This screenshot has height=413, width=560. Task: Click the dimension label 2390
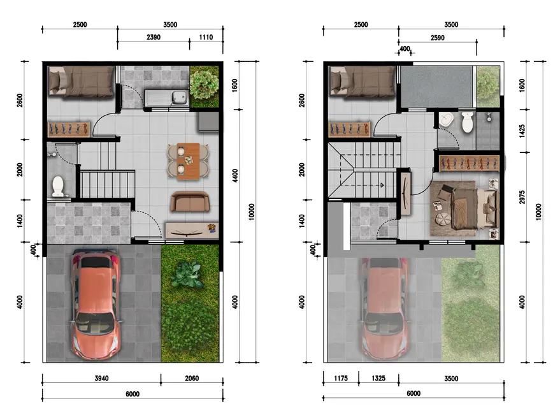coord(154,37)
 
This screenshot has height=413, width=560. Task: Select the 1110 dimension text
coord(206,37)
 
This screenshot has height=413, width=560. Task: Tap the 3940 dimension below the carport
coord(101,379)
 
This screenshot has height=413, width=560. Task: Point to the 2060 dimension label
coord(192,379)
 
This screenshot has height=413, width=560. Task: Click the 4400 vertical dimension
coord(235,176)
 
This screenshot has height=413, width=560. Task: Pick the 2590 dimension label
coord(438,38)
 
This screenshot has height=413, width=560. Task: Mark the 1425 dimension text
coord(522,131)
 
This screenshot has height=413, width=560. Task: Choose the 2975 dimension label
coord(522,197)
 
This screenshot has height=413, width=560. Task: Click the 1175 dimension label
coord(341,379)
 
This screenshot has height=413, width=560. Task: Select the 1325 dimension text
coord(378,379)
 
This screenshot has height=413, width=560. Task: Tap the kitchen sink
coord(167,98)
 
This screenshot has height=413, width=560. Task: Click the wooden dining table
coord(188,161)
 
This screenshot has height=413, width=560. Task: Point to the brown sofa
coord(190,201)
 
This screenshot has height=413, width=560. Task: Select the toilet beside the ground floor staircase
coord(58,185)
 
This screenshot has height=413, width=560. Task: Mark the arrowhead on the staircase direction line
coord(382,185)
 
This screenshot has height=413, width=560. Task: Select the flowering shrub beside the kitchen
coord(204,85)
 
